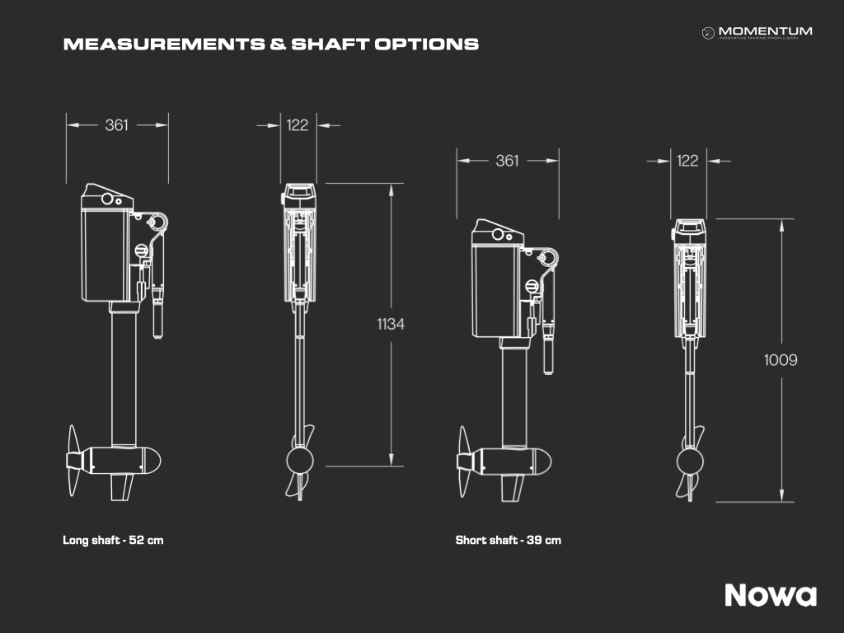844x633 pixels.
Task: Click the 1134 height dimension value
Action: pyautogui.click(x=390, y=324)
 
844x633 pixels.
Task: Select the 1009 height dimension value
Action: pyautogui.click(x=781, y=359)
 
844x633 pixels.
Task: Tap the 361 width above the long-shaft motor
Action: pyautogui.click(x=117, y=125)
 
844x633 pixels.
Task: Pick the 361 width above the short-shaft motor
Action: pyautogui.click(x=507, y=161)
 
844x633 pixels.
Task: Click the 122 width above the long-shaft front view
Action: pyautogui.click(x=297, y=125)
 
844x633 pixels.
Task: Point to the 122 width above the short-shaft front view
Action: pyautogui.click(x=687, y=161)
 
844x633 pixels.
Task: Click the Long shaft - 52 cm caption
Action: pyautogui.click(x=113, y=540)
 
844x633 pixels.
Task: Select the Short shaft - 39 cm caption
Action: pyautogui.click(x=508, y=540)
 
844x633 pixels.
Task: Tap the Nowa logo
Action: pyautogui.click(x=771, y=595)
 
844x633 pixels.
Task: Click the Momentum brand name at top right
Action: pyautogui.click(x=765, y=31)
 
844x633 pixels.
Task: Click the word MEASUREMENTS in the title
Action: pyautogui.click(x=164, y=45)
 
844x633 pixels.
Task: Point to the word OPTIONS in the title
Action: pyautogui.click(x=426, y=45)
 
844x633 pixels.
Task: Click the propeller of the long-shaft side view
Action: pyautogui.click(x=73, y=461)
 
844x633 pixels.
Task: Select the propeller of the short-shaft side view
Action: pyautogui.click(x=463, y=462)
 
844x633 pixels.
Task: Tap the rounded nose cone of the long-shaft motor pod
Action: pyautogui.click(x=152, y=462)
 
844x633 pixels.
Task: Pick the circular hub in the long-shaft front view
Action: pyautogui.click(x=300, y=461)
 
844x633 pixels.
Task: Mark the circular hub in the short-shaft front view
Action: pyautogui.click(x=690, y=462)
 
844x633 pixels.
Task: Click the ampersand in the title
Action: pyautogui.click(x=278, y=45)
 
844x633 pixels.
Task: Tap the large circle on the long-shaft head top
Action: pyautogui.click(x=107, y=199)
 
